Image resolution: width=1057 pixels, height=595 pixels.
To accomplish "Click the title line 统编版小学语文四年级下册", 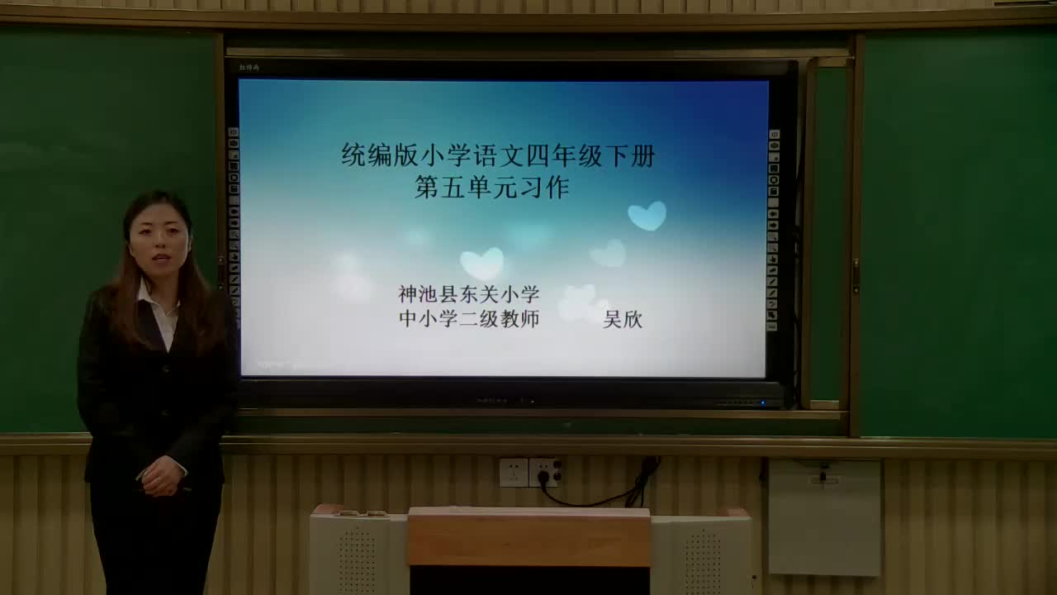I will coord(498,155).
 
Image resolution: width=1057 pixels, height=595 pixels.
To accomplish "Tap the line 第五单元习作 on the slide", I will coord(492,188).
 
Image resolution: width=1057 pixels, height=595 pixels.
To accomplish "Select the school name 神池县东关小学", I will coord(468,293).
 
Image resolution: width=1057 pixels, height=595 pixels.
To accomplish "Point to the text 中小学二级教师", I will coord(468,318).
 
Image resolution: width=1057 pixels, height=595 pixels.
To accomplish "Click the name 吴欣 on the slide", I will coord(623,319).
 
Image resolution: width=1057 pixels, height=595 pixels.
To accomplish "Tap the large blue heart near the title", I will coord(647,216).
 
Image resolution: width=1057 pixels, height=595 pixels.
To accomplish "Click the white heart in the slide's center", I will coord(481,263).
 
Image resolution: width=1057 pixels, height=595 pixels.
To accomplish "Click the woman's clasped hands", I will coord(162,476).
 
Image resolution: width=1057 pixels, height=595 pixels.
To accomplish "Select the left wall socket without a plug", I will coord(513,473).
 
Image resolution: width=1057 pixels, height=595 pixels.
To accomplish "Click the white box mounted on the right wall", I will coord(823,516).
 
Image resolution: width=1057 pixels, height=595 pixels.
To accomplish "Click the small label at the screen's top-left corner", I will coord(249,68).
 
